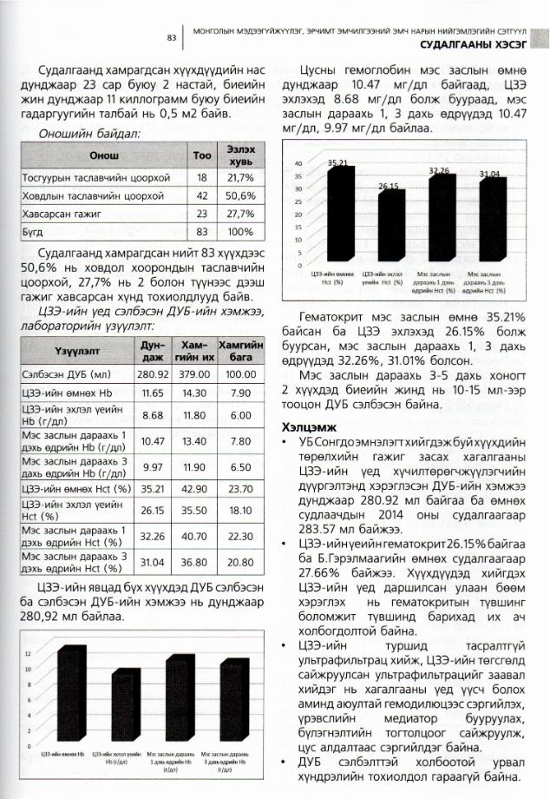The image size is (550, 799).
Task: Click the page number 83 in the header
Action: click(172, 37)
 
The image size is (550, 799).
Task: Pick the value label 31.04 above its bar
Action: click(491, 175)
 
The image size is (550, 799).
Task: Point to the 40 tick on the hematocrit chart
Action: click(298, 163)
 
